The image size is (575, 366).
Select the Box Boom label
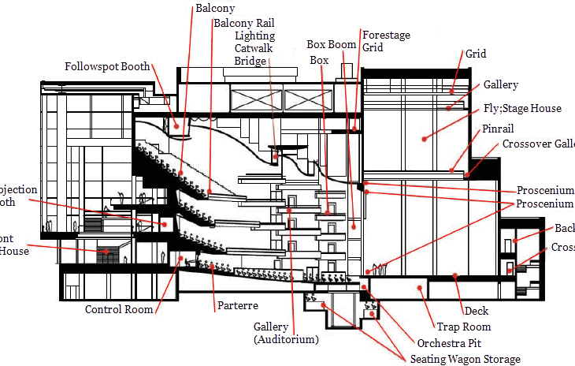click(x=331, y=44)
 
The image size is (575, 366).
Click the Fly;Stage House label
click(x=522, y=108)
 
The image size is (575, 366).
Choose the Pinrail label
click(x=499, y=128)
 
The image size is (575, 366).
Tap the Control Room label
click(x=119, y=309)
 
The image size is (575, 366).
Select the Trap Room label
click(x=464, y=327)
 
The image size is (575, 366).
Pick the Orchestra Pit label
click(x=449, y=343)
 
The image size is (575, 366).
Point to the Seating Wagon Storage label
click(x=466, y=359)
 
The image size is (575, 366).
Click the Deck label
click(x=477, y=311)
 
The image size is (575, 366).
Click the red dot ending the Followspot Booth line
click(x=177, y=124)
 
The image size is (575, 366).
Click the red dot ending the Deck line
click(x=455, y=276)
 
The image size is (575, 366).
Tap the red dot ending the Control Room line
click(x=180, y=258)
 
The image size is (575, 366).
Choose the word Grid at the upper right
click(x=476, y=54)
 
